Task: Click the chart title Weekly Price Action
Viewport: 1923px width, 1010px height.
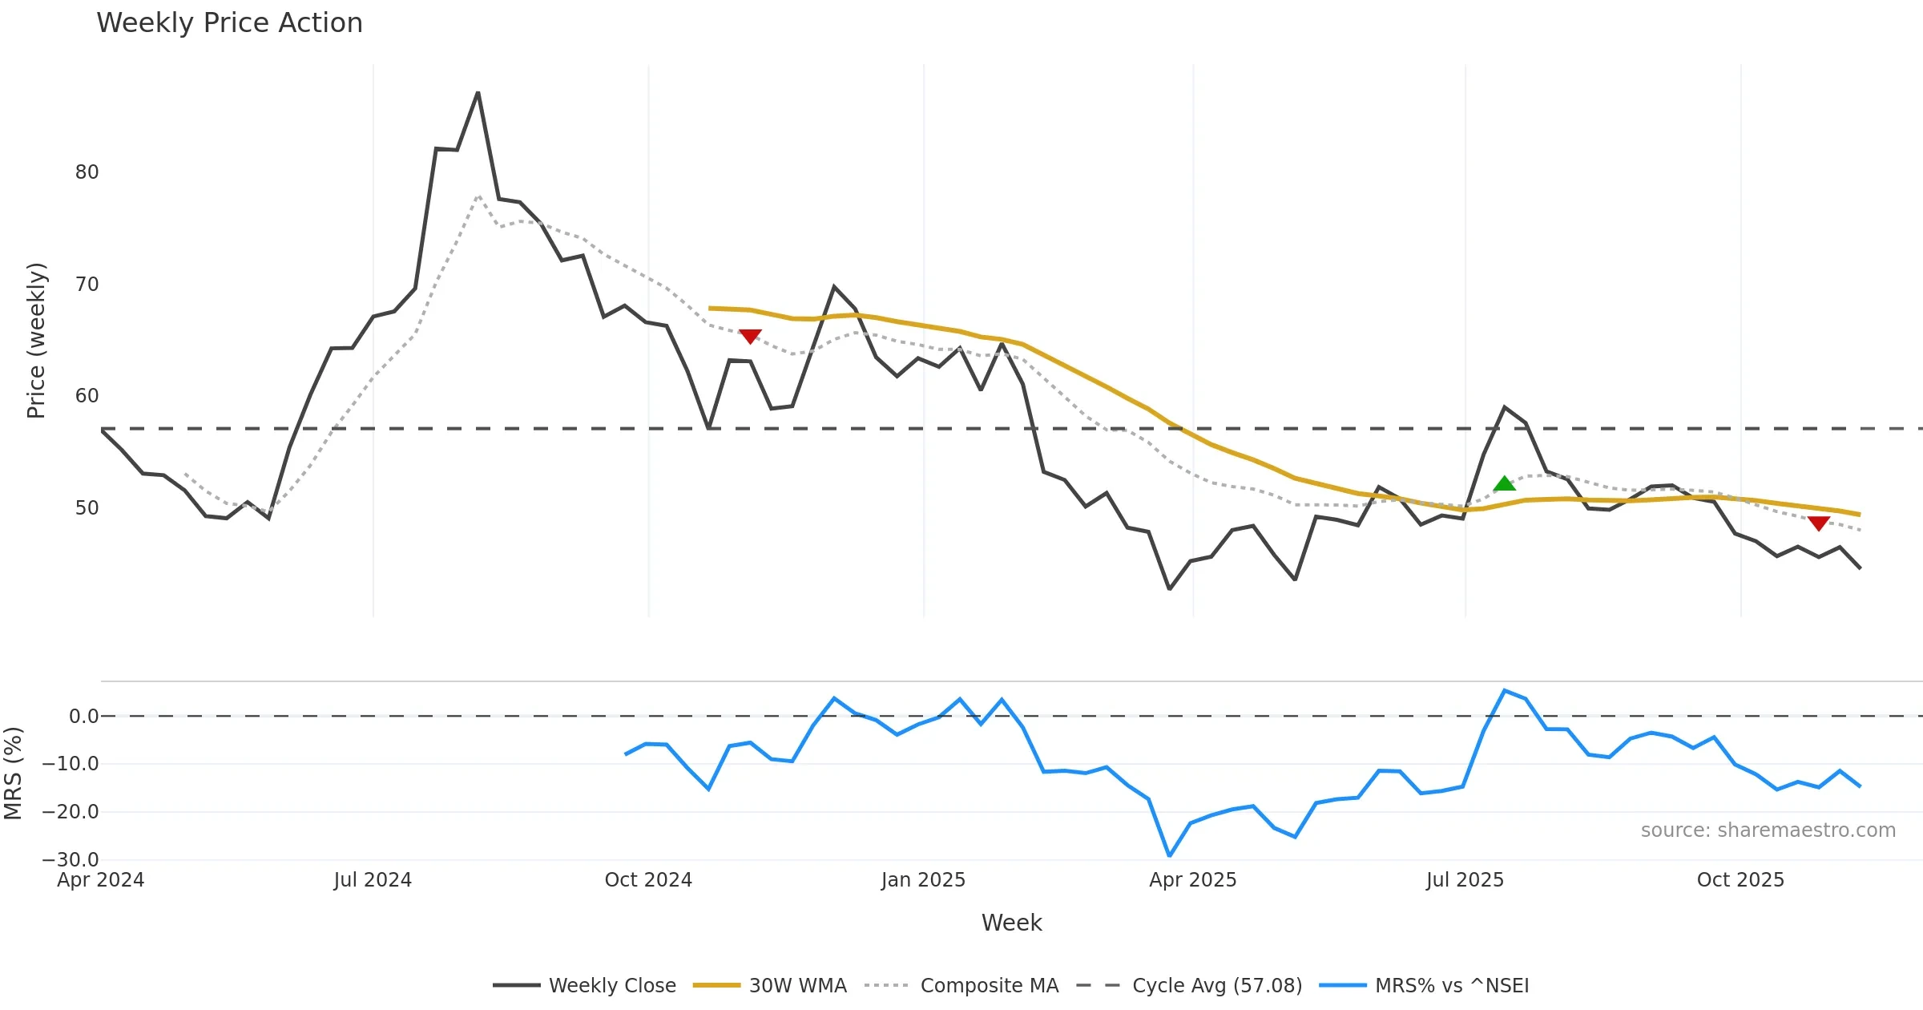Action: tap(229, 23)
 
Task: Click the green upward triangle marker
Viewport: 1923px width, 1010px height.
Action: tap(1504, 483)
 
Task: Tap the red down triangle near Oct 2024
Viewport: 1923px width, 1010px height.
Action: tap(750, 337)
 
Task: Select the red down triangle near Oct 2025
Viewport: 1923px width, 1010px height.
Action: tap(1818, 523)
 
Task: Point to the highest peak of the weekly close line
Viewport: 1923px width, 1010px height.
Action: tap(478, 93)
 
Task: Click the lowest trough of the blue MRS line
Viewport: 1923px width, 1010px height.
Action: tap(1169, 856)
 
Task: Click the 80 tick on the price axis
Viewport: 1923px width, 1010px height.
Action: tap(87, 172)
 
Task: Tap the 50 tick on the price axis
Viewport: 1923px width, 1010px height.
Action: tap(87, 508)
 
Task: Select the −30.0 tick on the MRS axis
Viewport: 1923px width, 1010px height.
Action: tap(71, 860)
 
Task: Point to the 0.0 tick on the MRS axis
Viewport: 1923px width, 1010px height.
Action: tap(83, 717)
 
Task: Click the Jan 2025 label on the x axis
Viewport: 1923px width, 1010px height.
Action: tap(923, 880)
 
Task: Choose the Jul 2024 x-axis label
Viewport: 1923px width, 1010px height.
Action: tap(373, 880)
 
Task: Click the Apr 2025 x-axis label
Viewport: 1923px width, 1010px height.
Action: tap(1192, 880)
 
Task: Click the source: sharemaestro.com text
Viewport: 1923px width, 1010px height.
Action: tap(1768, 830)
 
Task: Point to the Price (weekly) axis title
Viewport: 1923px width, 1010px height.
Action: tap(36, 341)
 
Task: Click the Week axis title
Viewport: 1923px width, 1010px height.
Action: tap(1011, 923)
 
